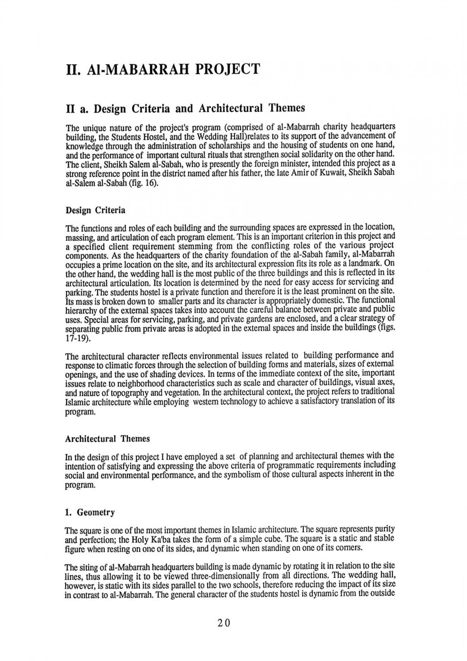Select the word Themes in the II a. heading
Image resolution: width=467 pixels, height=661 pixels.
click(287, 108)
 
